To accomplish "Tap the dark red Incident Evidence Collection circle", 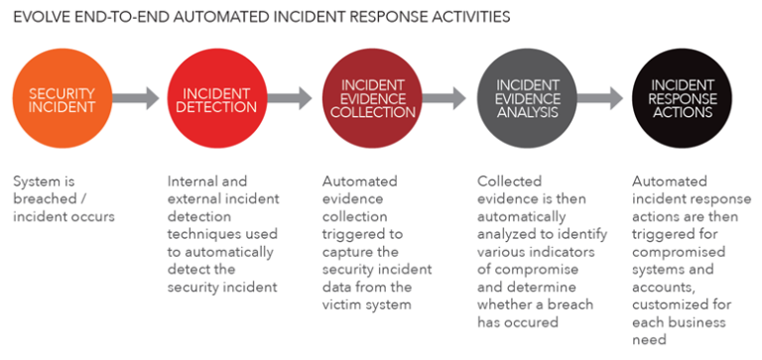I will coord(371,99).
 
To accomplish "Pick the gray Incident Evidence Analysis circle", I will coord(527,99).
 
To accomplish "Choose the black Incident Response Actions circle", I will coord(682,99).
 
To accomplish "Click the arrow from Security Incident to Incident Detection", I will coord(139,98).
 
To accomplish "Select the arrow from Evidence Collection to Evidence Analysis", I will coord(448,98).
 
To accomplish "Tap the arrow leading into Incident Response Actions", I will coord(604,98).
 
